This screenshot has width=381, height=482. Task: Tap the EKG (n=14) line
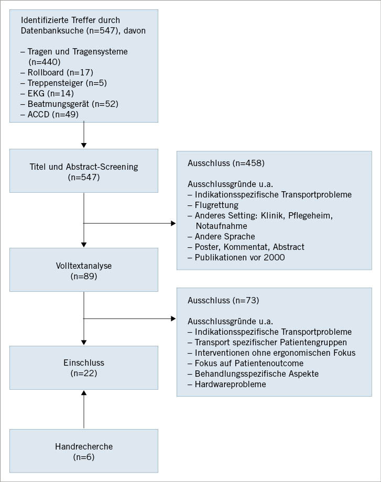point(47,93)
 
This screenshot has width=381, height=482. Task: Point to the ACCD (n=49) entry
point(50,114)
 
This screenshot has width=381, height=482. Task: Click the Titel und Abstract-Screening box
point(84,172)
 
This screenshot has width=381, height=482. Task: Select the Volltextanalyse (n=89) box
point(84,270)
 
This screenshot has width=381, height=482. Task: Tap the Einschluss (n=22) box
point(84,367)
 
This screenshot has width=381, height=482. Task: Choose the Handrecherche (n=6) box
point(84,452)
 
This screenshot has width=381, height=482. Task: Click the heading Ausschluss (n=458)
point(226,163)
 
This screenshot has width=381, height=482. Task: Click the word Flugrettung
point(216,205)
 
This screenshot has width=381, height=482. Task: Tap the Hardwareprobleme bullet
point(226,384)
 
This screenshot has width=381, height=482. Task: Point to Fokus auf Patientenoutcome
point(245,363)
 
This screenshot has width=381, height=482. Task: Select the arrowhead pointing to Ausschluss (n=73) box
point(173,318)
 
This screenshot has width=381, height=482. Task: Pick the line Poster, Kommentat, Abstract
point(245,247)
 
